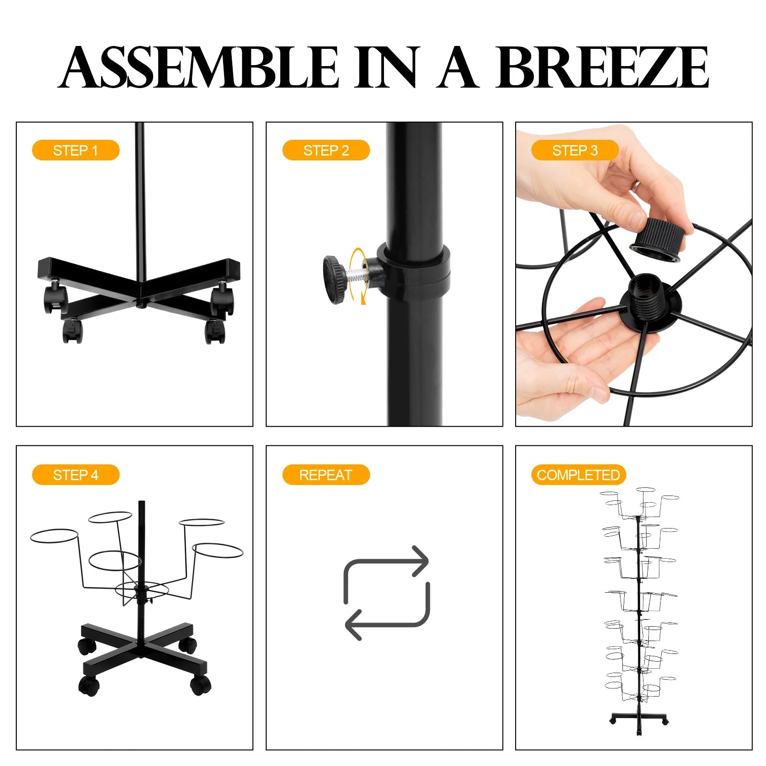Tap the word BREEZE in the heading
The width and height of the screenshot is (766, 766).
pos(602,67)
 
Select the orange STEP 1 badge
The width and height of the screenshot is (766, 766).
pos(76,150)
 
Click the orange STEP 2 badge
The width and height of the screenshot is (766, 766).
pos(326,150)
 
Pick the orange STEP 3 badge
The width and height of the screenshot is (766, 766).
pos(575,150)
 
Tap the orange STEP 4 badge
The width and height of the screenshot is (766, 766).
pos(76,475)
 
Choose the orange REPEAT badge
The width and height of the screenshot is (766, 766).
pos(326,475)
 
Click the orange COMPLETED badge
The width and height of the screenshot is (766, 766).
pos(578,475)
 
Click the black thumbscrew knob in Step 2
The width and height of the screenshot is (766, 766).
pos(334,280)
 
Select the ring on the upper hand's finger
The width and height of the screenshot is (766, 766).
pos(636,186)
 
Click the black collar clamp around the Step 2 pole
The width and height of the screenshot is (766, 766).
pos(413,271)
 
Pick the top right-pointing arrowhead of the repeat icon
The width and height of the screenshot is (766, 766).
pos(419,561)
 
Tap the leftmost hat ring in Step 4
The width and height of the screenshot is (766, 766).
pos(54,536)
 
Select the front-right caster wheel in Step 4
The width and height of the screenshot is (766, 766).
pos(201,685)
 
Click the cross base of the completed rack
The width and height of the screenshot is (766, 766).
pos(639,719)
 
